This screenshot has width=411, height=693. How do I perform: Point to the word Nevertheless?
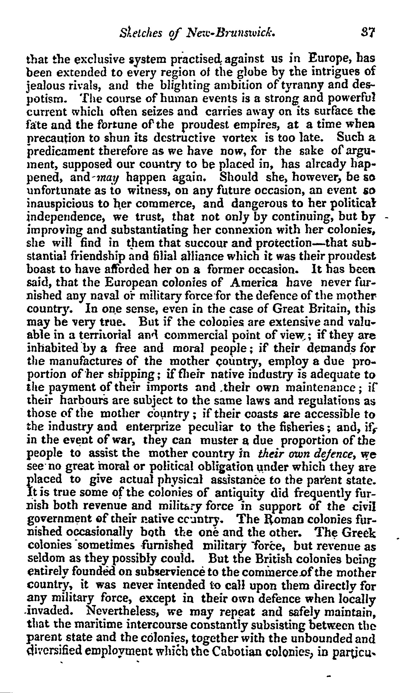coord(127,599)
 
